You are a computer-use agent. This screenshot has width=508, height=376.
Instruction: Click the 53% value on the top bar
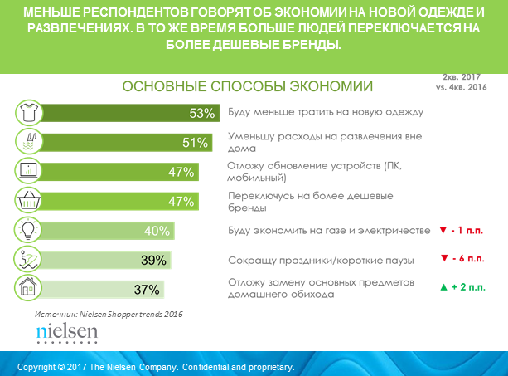pos(201,113)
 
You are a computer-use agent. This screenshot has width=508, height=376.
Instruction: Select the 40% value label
pos(178,231)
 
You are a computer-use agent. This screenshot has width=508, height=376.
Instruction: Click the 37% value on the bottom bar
pos(146,290)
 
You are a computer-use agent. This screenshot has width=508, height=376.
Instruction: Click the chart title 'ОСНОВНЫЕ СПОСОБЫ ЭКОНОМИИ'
pos(248,87)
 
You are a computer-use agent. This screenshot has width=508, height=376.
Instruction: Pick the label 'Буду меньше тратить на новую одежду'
pos(325,112)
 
